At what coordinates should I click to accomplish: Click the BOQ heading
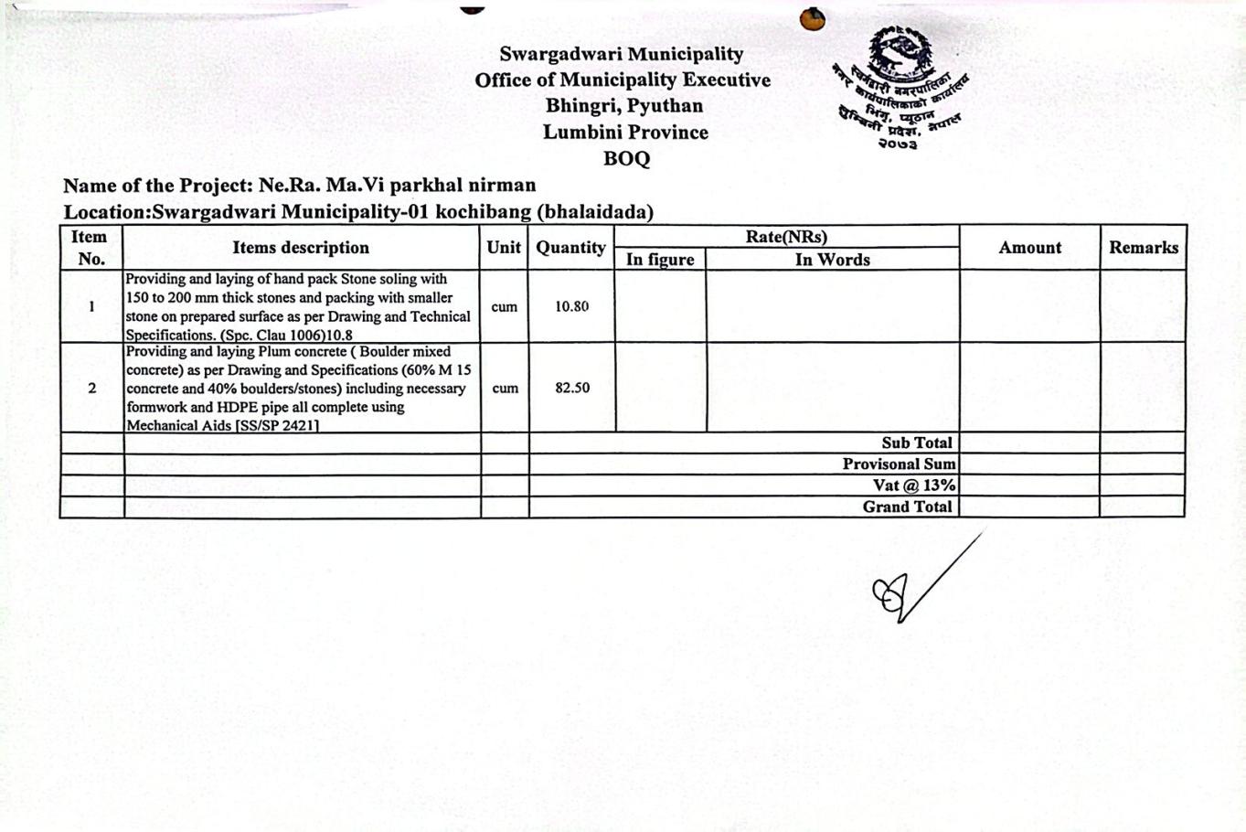coord(626,158)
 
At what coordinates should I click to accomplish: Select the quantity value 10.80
coord(571,306)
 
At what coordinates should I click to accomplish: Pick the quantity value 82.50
coord(571,388)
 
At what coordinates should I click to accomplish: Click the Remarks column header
coord(1143,248)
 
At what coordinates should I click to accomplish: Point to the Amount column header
coord(1029,248)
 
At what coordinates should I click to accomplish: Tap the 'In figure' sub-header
coord(660,260)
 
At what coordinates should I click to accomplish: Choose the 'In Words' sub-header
coord(832,260)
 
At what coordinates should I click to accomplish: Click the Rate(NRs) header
coord(786,237)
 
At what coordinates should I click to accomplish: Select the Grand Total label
coord(907,507)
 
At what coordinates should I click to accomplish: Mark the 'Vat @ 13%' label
coord(913,485)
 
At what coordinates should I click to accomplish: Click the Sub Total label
coord(916,443)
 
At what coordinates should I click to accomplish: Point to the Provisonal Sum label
coord(899,464)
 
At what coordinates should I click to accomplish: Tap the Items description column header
coord(301,248)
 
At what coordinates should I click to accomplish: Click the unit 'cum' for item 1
coord(504,306)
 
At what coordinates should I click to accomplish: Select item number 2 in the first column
coord(91,388)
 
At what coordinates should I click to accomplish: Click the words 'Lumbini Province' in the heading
coord(625,132)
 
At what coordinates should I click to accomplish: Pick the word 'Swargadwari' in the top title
coord(558,54)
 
